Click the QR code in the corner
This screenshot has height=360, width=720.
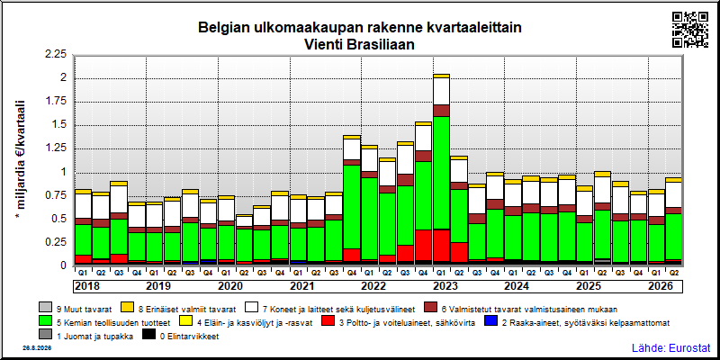pos(690,30)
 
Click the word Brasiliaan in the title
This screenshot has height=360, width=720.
pos(383,45)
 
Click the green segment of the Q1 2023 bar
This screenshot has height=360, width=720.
pos(441,173)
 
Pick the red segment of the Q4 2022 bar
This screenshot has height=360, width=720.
pos(423,245)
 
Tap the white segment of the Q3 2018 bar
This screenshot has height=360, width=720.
pos(119,199)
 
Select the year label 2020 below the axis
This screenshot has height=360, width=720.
pos(230,286)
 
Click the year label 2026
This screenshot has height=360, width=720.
pos(661,286)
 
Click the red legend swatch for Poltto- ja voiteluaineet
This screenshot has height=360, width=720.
pos(328,323)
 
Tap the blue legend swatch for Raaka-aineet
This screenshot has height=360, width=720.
pos(490,323)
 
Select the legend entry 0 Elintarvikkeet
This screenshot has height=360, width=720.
pos(181,337)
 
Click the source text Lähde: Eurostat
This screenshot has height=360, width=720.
pos(670,347)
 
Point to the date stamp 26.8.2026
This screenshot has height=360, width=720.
pos(37,348)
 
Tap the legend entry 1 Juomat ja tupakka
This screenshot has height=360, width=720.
pos(86,337)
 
